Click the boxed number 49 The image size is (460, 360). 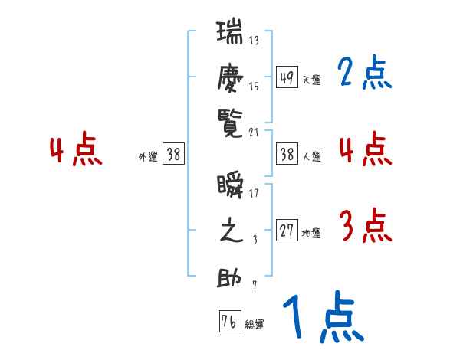click(287, 77)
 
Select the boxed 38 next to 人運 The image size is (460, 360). click(287, 154)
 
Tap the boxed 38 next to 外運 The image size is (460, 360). click(173, 154)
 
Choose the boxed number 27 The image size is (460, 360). click(287, 231)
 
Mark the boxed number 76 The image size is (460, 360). click(229, 321)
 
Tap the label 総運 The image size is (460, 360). click(255, 325)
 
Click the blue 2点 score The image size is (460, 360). click(364, 74)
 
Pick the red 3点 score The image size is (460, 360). click(364, 227)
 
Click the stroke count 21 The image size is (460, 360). click(254, 131)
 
